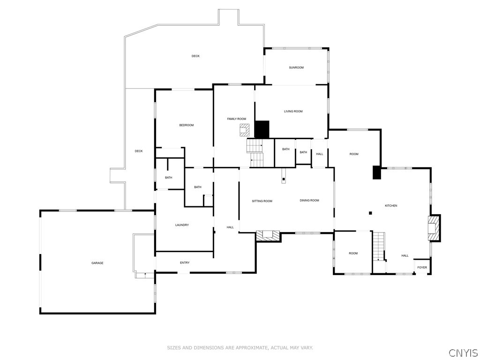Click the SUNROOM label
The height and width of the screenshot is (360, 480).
point(296,67)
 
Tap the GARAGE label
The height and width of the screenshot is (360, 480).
point(97,263)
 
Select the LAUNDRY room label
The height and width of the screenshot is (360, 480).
point(182,225)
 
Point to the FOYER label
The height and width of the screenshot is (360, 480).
point(422,268)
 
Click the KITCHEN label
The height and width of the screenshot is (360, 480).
point(391,206)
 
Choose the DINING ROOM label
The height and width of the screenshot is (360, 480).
point(309,201)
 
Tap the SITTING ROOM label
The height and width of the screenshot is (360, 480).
point(262,201)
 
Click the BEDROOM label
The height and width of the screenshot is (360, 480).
point(186,125)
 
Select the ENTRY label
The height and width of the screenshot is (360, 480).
point(185,262)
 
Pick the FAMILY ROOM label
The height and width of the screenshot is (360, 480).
point(237,119)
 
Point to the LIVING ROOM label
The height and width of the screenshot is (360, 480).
point(293,112)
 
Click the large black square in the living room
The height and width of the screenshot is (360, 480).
point(262,129)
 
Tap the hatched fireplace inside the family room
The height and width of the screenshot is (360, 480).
point(244,130)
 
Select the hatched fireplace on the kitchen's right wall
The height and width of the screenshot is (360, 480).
point(435,228)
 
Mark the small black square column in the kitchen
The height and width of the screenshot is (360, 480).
point(370,213)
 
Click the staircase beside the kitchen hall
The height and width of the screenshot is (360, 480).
point(378,246)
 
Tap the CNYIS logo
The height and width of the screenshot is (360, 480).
point(463,352)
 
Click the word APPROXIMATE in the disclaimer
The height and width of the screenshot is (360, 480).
point(250,348)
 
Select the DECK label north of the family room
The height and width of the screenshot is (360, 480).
point(195,56)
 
